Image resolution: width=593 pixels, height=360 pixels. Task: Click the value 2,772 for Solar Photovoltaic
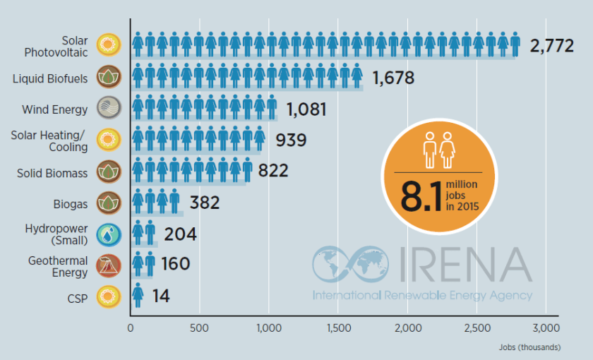[553, 47]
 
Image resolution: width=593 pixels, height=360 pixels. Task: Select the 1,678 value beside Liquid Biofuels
[393, 78]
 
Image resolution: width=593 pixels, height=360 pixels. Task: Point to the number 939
[287, 140]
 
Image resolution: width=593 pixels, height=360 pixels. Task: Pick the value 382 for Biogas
[205, 203]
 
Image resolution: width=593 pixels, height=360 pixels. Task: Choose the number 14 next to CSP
[161, 296]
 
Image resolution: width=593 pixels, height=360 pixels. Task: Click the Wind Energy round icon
[109, 109]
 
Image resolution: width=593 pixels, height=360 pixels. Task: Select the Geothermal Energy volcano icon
[109, 265]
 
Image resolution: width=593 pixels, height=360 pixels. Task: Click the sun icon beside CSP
[109, 296]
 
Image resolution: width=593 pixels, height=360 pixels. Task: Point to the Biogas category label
[71, 204]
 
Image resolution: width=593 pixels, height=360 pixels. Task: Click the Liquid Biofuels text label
[50, 78]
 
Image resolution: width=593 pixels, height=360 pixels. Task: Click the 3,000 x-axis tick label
[546, 328]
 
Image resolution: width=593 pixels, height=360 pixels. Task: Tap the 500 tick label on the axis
[199, 328]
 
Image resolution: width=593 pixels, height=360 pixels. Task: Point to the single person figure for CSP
[138, 296]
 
